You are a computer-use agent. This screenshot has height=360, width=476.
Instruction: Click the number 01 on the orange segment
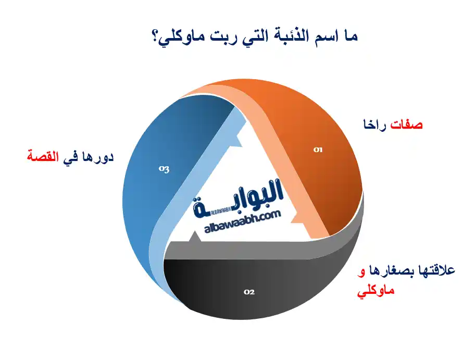[x=318, y=150]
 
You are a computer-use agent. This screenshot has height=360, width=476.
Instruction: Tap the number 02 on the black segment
[x=249, y=292]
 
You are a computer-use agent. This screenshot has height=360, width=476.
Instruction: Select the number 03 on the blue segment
[x=164, y=169]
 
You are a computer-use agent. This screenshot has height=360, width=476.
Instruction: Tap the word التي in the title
[x=257, y=38]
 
